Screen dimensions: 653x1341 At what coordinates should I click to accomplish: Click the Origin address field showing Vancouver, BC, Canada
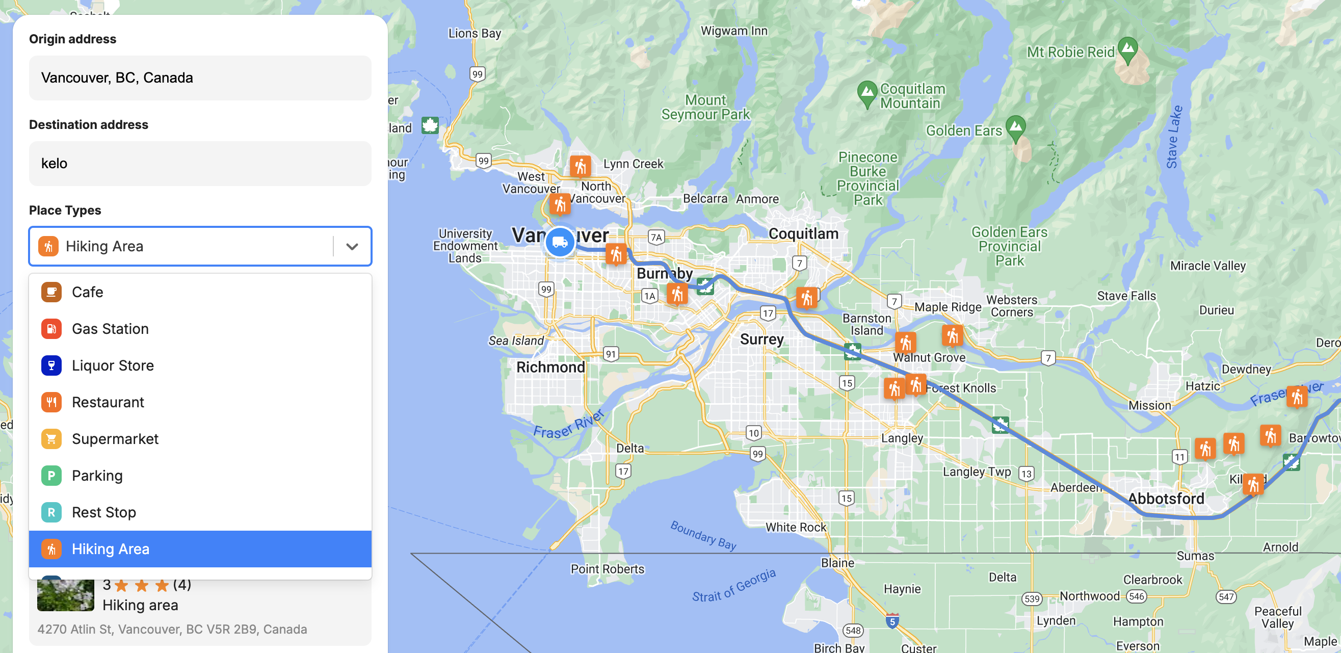point(200,78)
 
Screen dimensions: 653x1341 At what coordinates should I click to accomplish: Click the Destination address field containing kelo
point(200,164)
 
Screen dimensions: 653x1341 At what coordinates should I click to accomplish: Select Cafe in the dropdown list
point(88,292)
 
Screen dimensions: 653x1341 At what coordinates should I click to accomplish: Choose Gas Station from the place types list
point(110,329)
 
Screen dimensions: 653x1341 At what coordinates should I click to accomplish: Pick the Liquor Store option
point(113,365)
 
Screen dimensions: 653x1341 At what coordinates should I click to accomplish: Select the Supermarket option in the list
point(115,439)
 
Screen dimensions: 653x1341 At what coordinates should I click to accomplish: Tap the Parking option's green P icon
point(51,476)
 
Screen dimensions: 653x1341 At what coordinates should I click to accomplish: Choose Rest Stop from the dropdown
point(103,512)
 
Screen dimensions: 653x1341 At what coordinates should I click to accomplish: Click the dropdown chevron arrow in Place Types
point(352,246)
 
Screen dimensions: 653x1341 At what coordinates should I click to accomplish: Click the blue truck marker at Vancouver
point(560,242)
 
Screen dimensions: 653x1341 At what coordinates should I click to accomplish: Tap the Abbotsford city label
point(1166,499)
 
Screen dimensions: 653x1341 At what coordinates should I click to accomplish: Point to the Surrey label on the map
point(761,339)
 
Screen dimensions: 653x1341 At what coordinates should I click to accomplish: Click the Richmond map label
point(550,367)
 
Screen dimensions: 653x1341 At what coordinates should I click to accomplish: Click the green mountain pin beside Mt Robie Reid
point(1127,49)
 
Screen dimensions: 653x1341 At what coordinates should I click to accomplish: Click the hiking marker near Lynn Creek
point(580,167)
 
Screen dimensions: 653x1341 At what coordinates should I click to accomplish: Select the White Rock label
point(796,527)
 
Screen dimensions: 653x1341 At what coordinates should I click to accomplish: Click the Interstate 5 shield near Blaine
point(892,621)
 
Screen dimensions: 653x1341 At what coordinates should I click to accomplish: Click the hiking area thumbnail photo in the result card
point(66,595)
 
